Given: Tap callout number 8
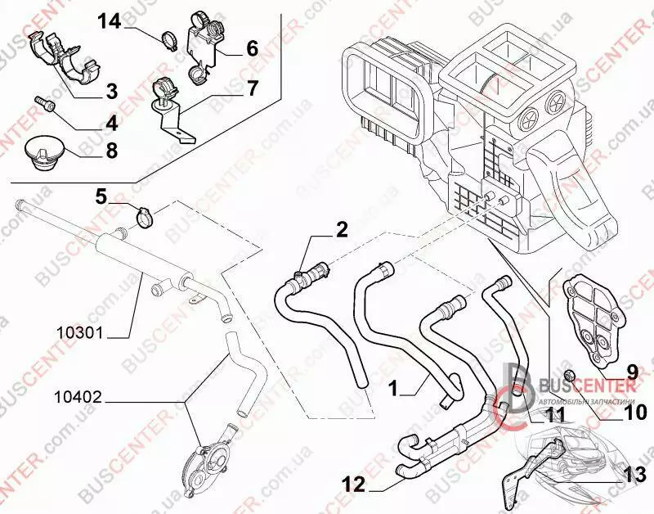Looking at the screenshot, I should [110, 151].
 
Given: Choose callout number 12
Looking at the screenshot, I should [353, 485].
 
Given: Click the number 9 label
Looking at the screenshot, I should [631, 370].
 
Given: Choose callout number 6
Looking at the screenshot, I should [251, 48].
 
